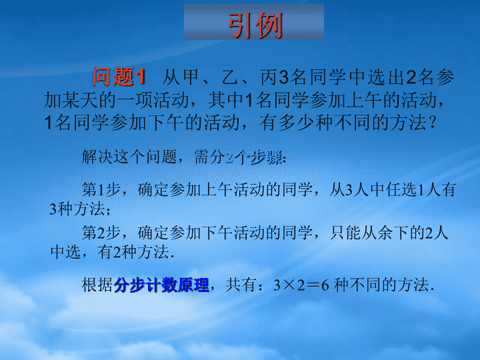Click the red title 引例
255,25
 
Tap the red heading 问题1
119,76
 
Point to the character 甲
191,77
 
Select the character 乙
229,77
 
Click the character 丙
269,77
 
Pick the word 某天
80,100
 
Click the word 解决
97,157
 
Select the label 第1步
101,189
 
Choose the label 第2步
101,233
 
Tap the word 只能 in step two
345,233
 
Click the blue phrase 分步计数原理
161,285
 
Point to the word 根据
97,285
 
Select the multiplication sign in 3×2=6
289,285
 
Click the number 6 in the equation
325,285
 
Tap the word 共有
241,285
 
